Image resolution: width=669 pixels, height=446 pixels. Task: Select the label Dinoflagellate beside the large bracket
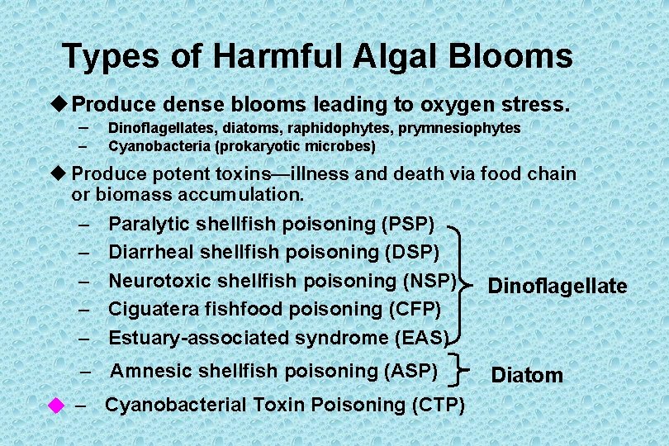click(557, 287)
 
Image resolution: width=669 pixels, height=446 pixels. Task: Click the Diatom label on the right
click(527, 376)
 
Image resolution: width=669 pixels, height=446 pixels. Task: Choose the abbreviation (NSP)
click(429, 280)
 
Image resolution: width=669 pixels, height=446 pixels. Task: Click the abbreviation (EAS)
click(421, 338)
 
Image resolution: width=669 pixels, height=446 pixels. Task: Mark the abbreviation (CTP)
click(437, 406)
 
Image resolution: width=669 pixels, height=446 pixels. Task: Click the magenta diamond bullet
click(55, 405)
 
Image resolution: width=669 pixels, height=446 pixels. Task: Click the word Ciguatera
click(151, 309)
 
